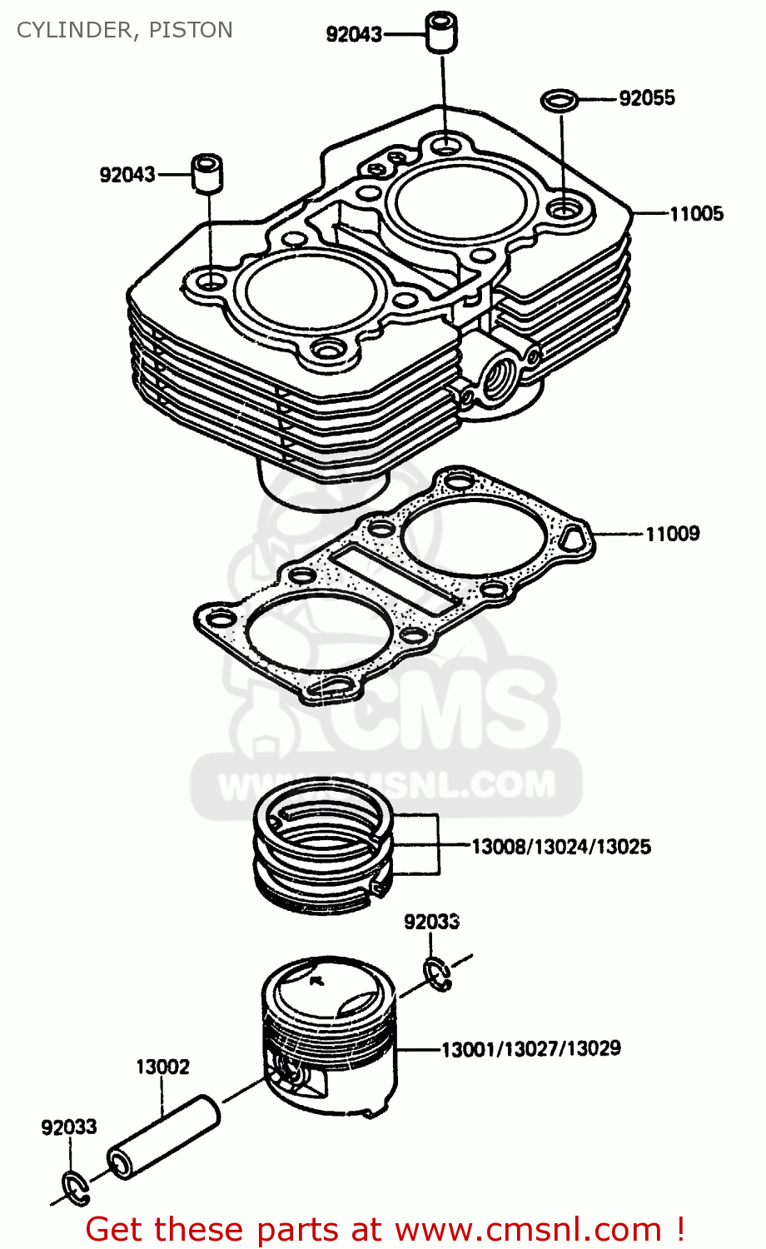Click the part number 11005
pos(696,214)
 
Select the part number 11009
pos(673,534)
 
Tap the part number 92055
pos(646,98)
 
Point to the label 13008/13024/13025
pos(561,848)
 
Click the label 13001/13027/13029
pos(530,1049)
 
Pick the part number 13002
pos(163,1067)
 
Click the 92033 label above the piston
pos(431,922)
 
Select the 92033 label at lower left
pos(69,1127)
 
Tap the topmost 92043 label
pos(354,34)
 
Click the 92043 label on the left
pos(127,175)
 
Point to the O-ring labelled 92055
pos(560,101)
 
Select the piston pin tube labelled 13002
pos(164,1137)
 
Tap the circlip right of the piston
pos(436,975)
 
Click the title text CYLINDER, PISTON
pos(125,30)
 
